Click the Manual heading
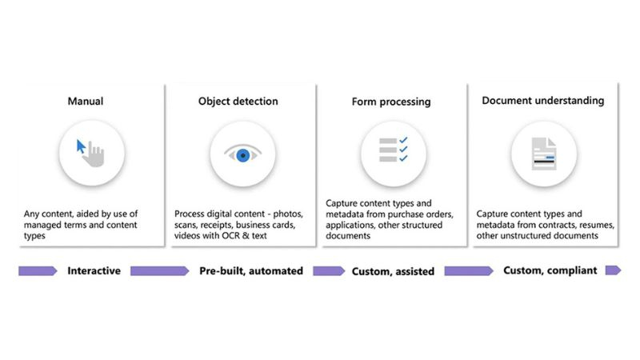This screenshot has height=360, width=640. (86, 101)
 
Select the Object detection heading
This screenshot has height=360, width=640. (238, 102)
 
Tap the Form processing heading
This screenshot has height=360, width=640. (391, 102)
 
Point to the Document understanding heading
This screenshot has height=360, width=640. (543, 101)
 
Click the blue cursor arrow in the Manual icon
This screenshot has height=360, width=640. (81, 146)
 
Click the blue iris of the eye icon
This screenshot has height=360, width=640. (243, 155)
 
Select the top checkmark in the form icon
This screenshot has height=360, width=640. (403, 140)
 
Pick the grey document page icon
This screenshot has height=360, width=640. (544, 154)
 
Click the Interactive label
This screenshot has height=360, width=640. (94, 270)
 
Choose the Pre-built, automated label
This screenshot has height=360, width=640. (251, 271)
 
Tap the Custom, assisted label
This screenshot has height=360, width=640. (393, 271)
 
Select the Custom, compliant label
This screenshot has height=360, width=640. (550, 270)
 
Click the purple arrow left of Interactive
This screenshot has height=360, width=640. (38, 270)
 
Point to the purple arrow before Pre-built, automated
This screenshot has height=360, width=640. (159, 270)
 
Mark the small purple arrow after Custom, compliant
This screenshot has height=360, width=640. (613, 270)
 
